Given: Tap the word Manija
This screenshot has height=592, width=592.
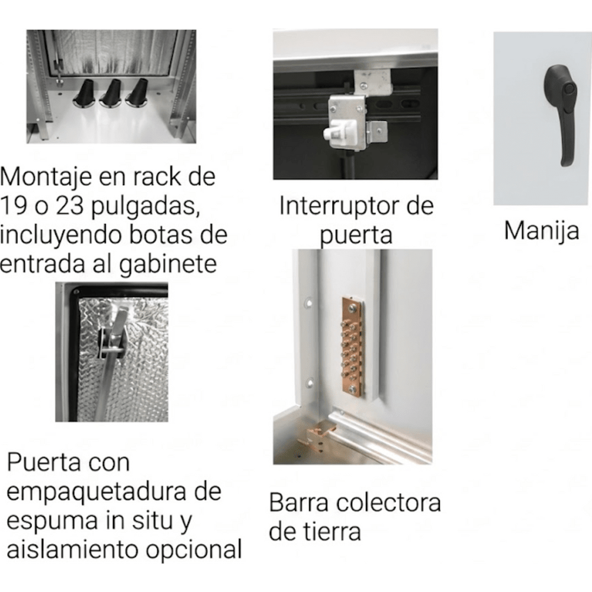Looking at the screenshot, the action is [542, 231].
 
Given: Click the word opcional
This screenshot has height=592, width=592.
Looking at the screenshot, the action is [194, 550].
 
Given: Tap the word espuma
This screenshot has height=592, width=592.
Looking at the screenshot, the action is [53, 521].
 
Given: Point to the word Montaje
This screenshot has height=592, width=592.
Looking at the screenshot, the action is [46, 178].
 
